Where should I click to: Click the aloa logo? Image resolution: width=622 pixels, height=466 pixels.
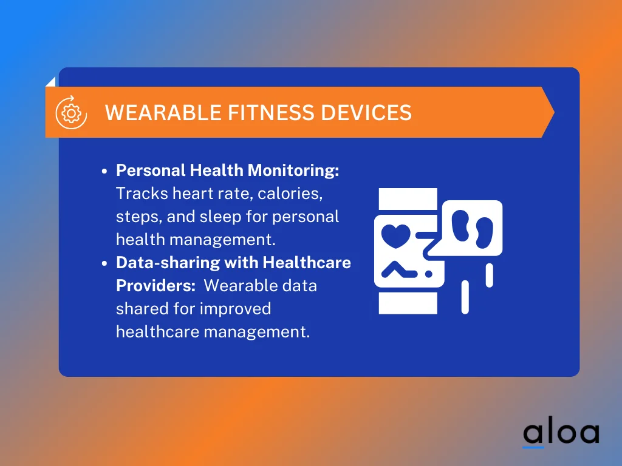click(x=561, y=432)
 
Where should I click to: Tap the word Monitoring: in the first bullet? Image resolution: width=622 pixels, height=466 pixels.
click(x=293, y=171)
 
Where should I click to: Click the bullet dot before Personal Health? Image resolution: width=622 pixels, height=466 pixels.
click(x=104, y=172)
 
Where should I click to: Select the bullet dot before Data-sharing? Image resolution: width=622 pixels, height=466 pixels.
click(x=104, y=263)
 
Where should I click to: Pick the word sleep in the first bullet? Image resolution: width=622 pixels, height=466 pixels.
click(x=245, y=217)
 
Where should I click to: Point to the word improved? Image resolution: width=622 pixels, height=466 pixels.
click(x=236, y=308)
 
